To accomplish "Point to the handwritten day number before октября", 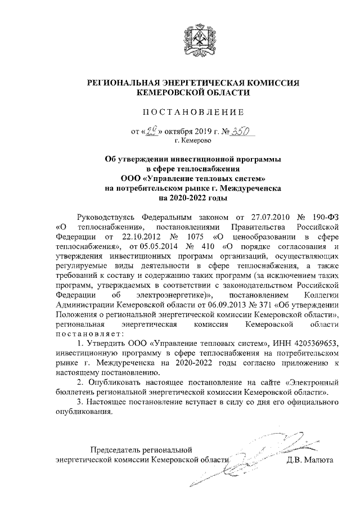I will [x=152, y=132].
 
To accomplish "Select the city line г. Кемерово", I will [x=191, y=142].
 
